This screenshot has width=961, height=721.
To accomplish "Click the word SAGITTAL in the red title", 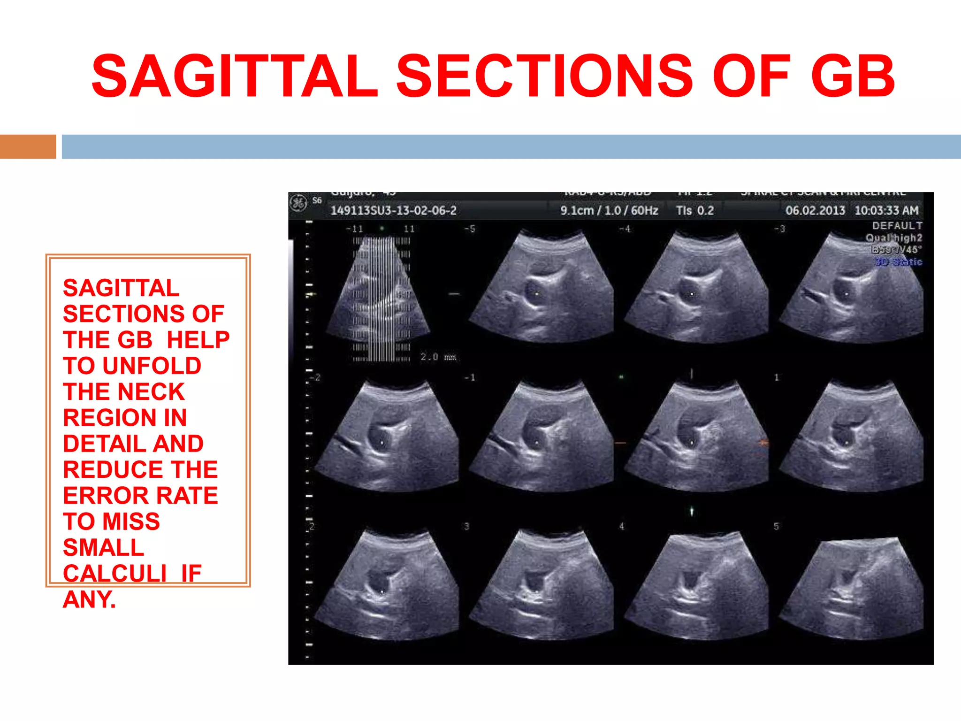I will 235,76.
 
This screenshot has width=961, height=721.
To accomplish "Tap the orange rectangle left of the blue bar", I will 28,146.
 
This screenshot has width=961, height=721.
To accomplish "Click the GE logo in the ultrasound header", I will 297,203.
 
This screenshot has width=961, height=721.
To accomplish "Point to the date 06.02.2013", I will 815,210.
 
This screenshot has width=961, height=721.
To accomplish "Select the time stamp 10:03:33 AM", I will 886,210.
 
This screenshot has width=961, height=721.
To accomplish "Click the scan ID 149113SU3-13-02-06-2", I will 393,210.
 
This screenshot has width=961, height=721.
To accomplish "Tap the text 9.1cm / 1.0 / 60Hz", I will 609,210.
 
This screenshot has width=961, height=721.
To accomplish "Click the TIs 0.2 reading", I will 695,210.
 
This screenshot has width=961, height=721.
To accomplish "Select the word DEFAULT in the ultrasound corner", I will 897,226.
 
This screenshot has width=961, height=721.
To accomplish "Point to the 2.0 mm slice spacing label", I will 438,357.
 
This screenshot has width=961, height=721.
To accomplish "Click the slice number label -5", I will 469,229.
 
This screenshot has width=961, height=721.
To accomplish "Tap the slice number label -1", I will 469,377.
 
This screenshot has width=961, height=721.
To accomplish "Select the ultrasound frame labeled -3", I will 852,289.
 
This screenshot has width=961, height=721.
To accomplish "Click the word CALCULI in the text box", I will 114,573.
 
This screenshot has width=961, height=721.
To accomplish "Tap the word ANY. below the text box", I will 89,599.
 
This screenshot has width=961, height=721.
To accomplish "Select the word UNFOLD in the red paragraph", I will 152,366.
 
